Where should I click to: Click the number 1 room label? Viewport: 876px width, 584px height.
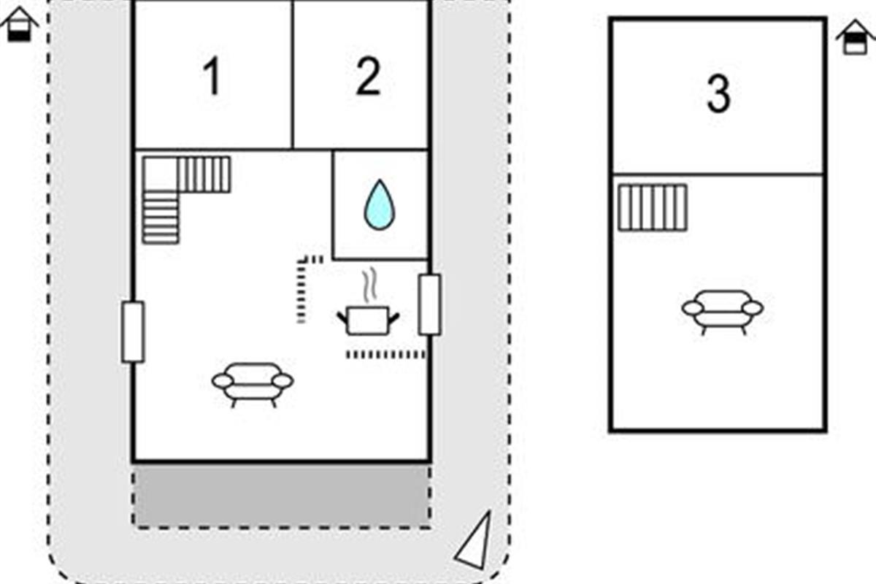click(212, 76)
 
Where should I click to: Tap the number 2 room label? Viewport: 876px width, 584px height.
click(368, 76)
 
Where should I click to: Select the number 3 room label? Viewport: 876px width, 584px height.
click(719, 94)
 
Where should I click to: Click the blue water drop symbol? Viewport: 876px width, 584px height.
click(380, 204)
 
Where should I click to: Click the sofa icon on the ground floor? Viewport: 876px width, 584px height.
click(253, 385)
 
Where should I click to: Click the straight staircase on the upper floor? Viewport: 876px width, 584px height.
click(653, 208)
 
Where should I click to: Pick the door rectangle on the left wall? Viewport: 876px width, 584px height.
click(133, 331)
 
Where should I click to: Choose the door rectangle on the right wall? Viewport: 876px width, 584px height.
click(430, 304)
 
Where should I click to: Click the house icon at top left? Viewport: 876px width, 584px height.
click(19, 24)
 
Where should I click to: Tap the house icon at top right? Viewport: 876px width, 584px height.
click(856, 37)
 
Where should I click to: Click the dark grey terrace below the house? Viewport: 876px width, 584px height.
click(281, 495)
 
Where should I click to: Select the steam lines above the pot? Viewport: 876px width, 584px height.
click(369, 285)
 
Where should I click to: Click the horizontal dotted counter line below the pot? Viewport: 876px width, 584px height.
click(385, 354)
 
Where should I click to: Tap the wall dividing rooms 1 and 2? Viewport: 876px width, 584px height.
click(293, 74)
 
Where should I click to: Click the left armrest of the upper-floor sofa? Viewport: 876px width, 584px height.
click(693, 308)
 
